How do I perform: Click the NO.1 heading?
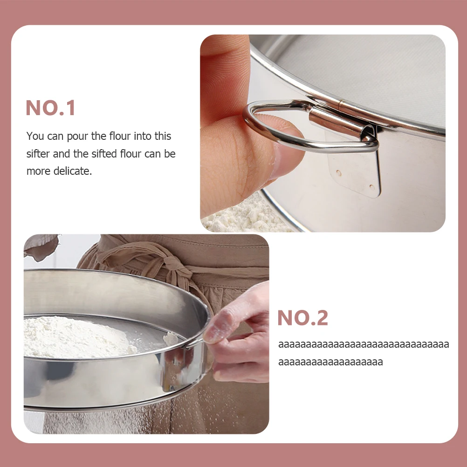50,108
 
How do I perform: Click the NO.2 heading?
302,318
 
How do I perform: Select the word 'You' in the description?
35,137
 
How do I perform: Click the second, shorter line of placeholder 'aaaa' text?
330,362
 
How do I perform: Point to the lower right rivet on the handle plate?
371,187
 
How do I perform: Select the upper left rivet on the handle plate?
338,172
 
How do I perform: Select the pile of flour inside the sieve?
75,336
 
